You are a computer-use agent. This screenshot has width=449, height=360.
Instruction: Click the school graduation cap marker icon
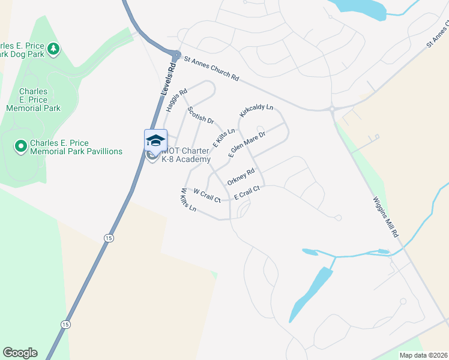[x=155, y=140]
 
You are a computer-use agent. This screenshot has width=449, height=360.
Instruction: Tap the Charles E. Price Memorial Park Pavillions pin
[x=20, y=146]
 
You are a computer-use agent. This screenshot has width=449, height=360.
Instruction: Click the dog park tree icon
[x=54, y=47]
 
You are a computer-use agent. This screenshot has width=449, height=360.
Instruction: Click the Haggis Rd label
[x=176, y=98]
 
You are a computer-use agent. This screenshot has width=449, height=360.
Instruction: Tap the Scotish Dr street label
[x=200, y=116]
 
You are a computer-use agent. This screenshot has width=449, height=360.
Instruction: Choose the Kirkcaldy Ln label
[x=256, y=111]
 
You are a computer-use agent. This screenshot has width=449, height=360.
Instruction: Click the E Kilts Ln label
[x=224, y=137]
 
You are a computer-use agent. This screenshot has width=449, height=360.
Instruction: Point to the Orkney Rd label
[x=241, y=176]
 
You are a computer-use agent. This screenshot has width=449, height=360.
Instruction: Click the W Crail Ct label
[x=207, y=194]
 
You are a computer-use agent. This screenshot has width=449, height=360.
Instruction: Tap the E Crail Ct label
[x=247, y=192]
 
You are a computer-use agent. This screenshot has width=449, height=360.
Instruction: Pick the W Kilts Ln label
[x=188, y=200]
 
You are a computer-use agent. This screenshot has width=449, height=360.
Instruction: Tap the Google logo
[x=20, y=353]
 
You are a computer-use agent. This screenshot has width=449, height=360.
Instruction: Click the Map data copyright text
[x=423, y=355]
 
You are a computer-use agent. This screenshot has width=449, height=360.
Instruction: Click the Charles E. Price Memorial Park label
[x=33, y=100]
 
